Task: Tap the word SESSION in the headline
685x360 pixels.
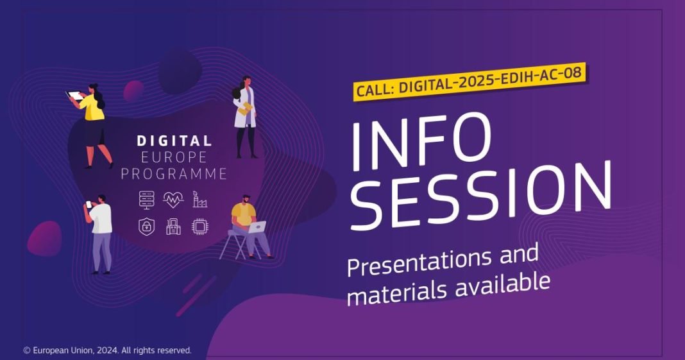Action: [481, 196]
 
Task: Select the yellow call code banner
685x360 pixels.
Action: [469, 82]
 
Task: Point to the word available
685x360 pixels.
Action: [503, 285]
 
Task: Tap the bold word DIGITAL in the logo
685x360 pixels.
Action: [174, 141]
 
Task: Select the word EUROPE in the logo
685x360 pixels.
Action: [174, 157]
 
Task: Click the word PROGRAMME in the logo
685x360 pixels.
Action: [174, 173]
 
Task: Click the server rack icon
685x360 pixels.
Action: [147, 200]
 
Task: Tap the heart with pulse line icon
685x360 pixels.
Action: [173, 200]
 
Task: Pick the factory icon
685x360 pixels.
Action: [199, 199]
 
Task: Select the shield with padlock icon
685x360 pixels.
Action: [147, 227]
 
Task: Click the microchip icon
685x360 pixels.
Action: [199, 227]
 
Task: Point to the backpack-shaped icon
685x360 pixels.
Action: [173, 227]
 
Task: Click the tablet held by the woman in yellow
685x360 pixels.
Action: [74, 96]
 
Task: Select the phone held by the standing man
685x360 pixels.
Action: [89, 204]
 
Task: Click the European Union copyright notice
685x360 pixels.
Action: [108, 350]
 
